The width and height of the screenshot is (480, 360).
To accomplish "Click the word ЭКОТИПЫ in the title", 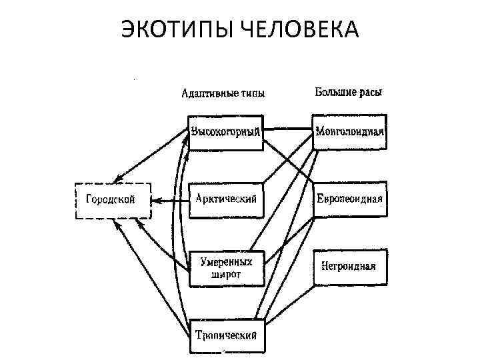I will (x=175, y=30).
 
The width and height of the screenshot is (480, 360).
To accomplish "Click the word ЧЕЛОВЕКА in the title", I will (x=296, y=30).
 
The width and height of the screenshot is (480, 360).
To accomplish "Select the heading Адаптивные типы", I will (x=224, y=93).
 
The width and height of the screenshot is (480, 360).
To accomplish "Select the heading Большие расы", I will (x=349, y=92).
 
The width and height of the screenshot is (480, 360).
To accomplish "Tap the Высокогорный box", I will (x=225, y=131).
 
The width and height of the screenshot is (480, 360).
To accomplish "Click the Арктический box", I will (x=226, y=199).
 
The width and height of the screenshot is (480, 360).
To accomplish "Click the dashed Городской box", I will (x=112, y=199).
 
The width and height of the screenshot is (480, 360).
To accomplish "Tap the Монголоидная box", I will (x=349, y=131).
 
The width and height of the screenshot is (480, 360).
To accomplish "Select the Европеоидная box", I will (x=349, y=199).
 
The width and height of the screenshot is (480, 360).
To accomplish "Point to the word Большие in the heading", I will (x=335, y=92).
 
